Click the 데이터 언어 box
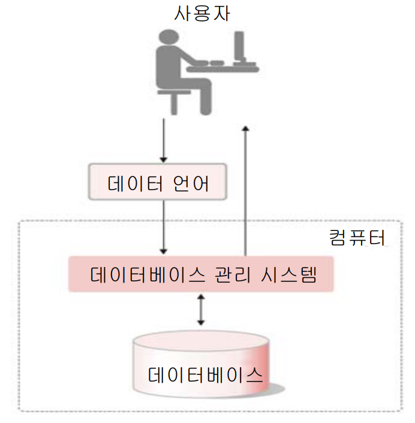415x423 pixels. (158, 181)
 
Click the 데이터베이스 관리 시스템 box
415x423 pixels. (200, 275)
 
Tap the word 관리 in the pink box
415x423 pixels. (234, 275)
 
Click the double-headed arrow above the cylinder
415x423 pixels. (201, 309)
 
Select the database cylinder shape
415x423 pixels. (201, 366)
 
